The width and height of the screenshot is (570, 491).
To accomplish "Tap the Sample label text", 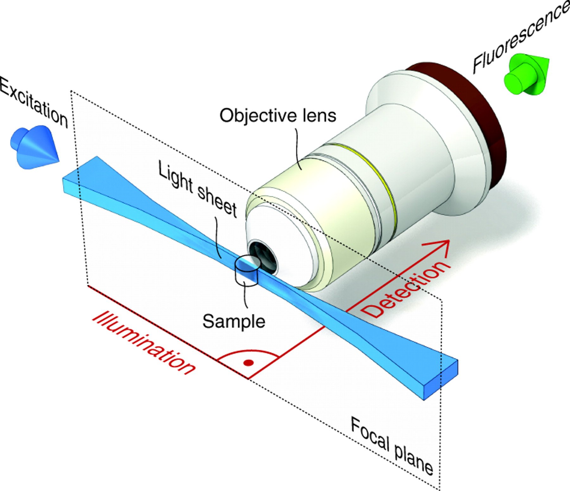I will (234, 322).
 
